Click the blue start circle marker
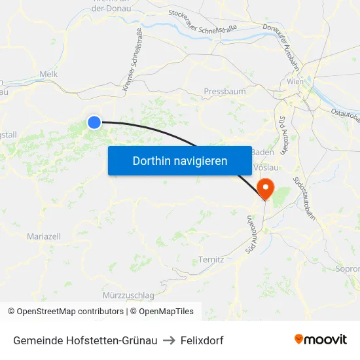[x=95, y=122]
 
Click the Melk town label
[x=49, y=75]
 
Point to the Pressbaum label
[x=225, y=92]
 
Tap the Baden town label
[x=262, y=152]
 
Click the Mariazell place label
[x=44, y=236]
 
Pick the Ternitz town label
[x=211, y=260]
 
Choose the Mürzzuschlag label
[x=128, y=295]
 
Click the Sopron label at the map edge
[x=347, y=268]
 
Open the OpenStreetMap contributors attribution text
[x=65, y=312]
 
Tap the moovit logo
[x=321, y=340]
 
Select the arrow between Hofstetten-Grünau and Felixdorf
[x=168, y=340]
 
